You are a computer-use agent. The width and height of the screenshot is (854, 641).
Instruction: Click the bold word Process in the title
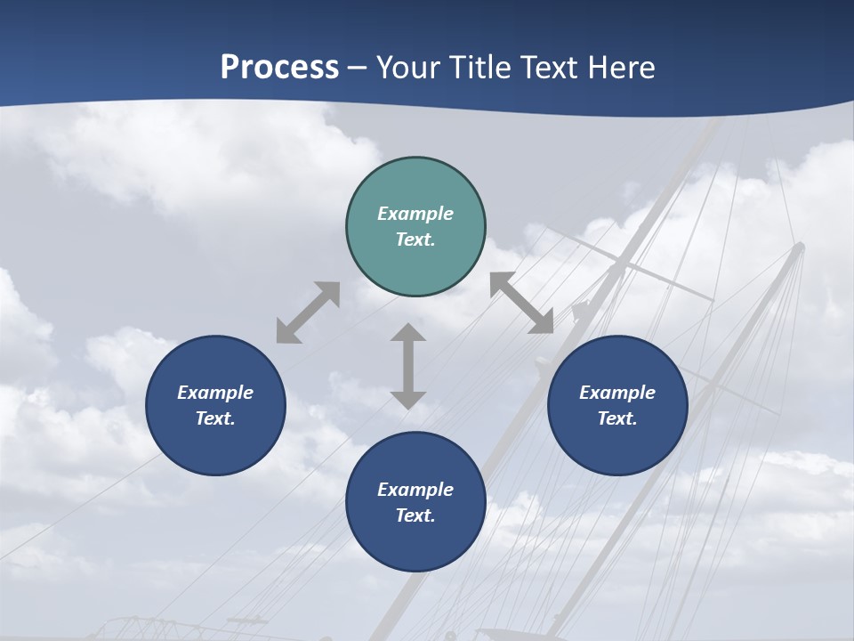pos(279,68)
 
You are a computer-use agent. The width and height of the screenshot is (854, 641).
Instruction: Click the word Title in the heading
pos(479,68)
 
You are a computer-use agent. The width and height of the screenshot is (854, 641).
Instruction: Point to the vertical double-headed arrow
pos(408,366)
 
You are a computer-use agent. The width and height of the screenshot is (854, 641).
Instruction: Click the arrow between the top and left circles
pos(308,312)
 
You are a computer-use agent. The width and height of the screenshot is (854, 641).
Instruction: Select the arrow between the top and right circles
pos(521,303)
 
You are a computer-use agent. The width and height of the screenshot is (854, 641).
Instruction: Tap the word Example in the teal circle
pos(415,214)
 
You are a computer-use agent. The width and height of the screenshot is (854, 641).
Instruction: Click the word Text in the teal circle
pos(413,239)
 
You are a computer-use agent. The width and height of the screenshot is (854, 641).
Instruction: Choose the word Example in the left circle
pos(215,393)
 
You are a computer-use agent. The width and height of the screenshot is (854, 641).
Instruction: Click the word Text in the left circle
pos(213,418)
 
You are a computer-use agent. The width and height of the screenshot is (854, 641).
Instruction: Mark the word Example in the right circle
pos(617,393)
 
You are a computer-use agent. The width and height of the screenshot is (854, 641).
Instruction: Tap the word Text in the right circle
pos(616,418)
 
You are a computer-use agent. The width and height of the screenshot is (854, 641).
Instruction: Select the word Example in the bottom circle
pos(415,490)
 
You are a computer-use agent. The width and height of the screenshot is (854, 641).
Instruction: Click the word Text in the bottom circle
pos(413,515)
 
